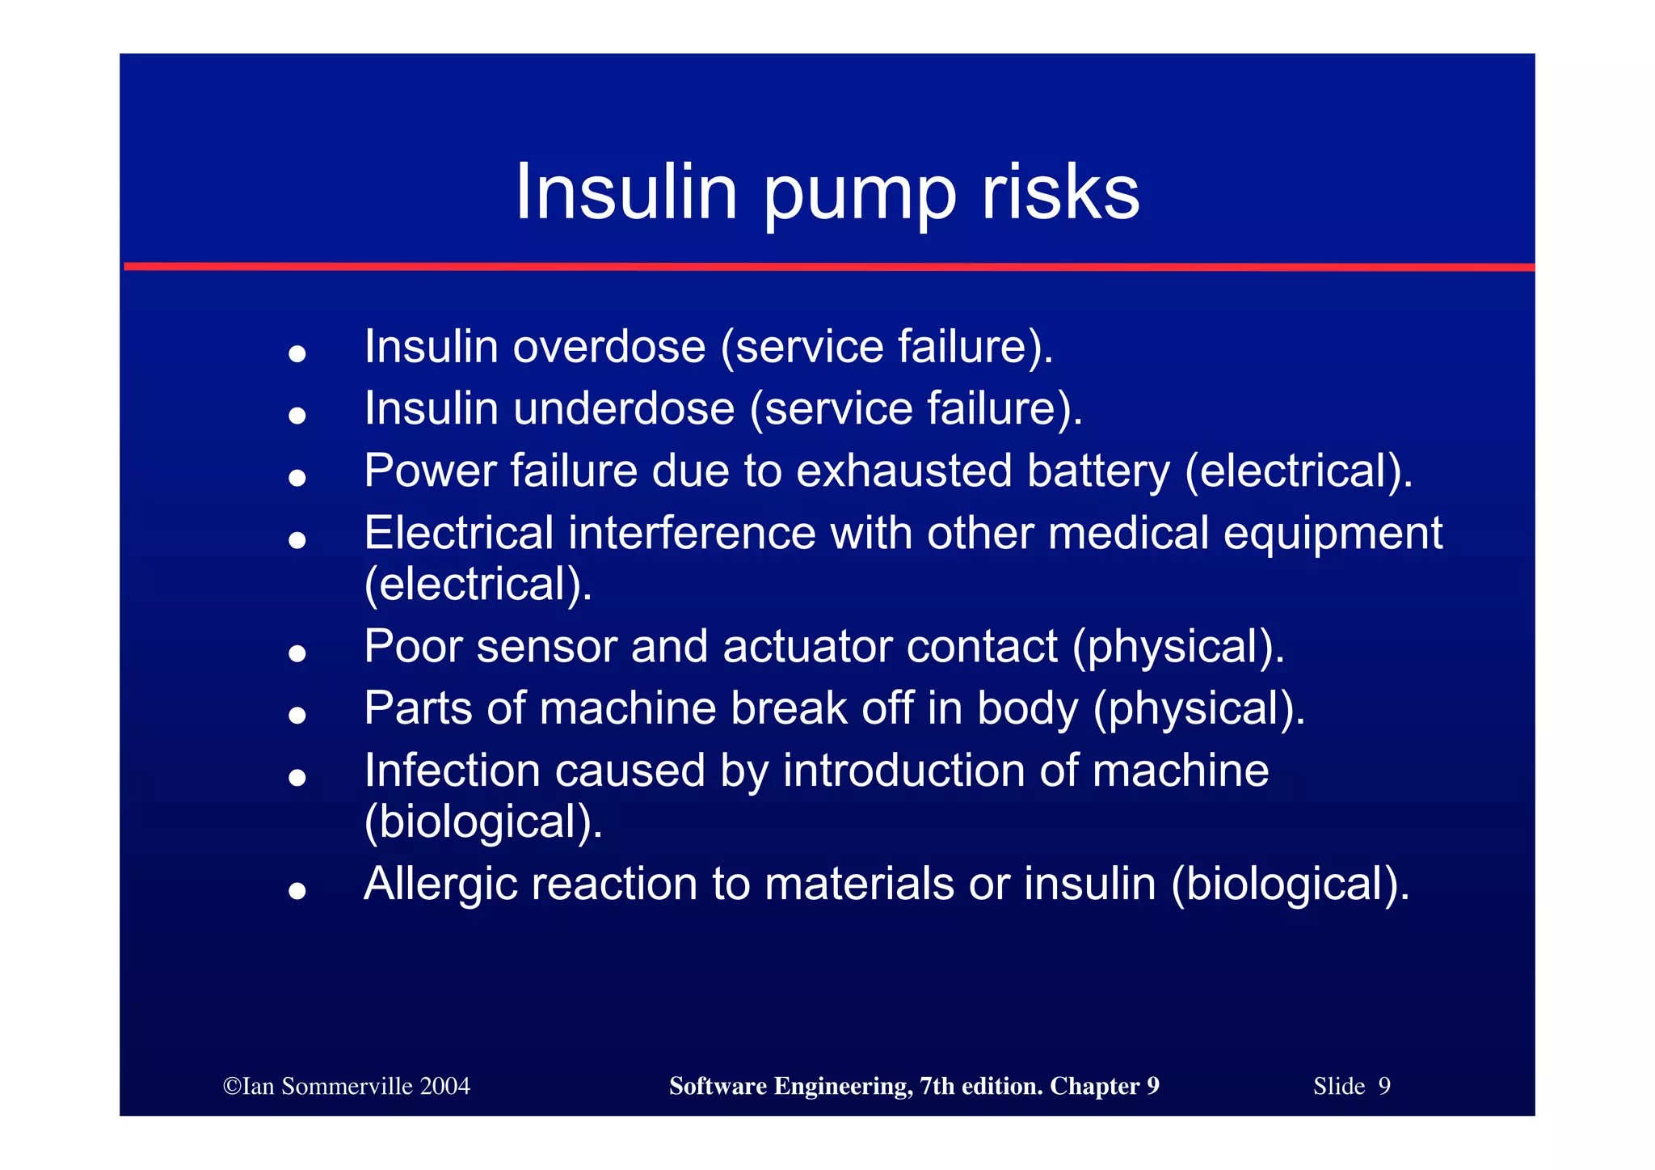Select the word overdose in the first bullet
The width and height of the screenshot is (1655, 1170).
(609, 347)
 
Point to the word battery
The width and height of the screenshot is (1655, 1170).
(1097, 471)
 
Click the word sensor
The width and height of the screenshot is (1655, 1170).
(546, 648)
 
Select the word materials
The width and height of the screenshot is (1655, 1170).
(859, 884)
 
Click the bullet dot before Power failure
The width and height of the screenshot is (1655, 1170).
(297, 478)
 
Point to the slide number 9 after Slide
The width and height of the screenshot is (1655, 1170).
(1384, 1086)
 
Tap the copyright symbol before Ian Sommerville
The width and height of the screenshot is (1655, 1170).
(232, 1086)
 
